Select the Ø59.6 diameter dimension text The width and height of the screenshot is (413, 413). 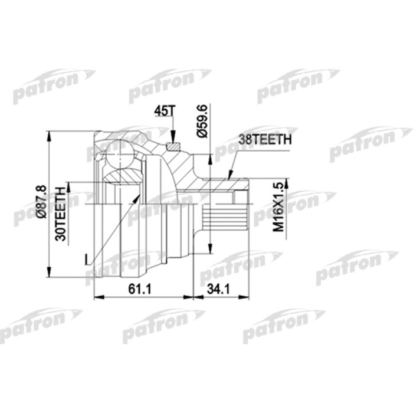point(202,122)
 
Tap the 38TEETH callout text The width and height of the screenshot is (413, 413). point(265,141)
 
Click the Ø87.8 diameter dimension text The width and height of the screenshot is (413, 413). point(41,204)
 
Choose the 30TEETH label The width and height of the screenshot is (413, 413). point(60,213)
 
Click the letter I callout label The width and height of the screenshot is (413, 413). point(87,259)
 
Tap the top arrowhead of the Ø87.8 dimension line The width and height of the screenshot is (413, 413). point(50,135)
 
